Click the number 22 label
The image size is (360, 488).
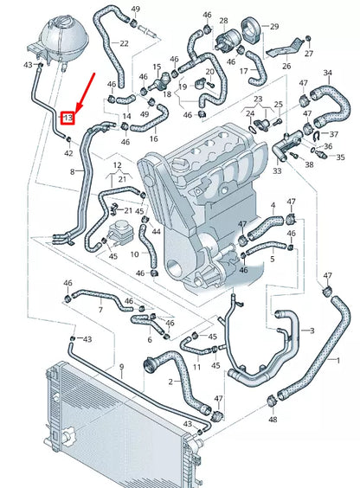(125, 43)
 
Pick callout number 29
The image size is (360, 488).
(275, 27)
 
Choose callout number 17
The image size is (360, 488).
(244, 71)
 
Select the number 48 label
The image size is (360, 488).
(273, 420)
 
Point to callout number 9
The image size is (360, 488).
(121, 367)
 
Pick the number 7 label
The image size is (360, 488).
(101, 309)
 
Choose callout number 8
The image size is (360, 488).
(73, 173)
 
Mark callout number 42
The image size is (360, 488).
(69, 153)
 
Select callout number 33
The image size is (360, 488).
(277, 171)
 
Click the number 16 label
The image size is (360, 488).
(154, 138)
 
